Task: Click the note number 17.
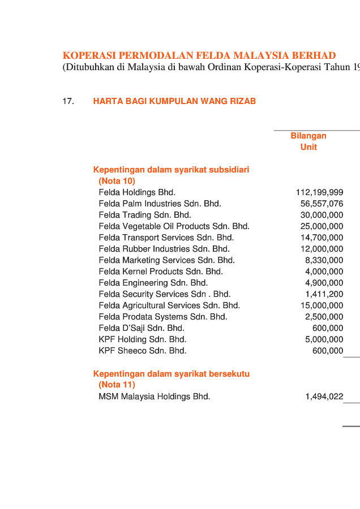click(68, 101)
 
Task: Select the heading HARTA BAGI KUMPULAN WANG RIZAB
click(174, 101)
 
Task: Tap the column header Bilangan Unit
click(308, 141)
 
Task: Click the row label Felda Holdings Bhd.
click(137, 192)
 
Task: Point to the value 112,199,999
click(319, 192)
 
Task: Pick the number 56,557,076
click(322, 204)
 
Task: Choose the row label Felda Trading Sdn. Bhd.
click(145, 215)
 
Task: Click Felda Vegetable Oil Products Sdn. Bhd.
click(174, 226)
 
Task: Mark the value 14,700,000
click(322, 238)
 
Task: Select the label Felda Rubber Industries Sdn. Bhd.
click(164, 249)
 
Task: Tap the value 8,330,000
click(324, 260)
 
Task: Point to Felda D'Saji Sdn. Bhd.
click(142, 328)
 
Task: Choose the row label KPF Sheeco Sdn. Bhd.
click(143, 351)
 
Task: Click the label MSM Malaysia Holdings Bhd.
click(155, 396)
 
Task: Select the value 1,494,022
click(324, 396)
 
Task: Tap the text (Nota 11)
click(117, 385)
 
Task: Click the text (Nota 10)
click(117, 181)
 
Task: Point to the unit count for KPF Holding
click(324, 339)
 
